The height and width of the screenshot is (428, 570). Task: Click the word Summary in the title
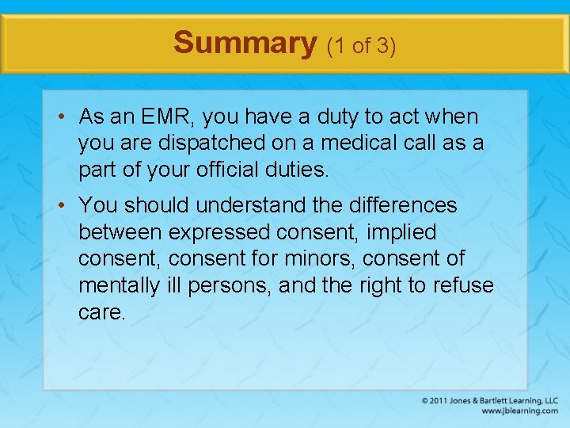tap(245, 42)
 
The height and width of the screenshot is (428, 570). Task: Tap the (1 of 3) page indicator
tap(361, 45)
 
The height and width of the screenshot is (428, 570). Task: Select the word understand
tap(249, 205)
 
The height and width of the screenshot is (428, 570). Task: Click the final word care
tap(101, 312)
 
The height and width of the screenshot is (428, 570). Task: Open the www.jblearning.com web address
tap(519, 411)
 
